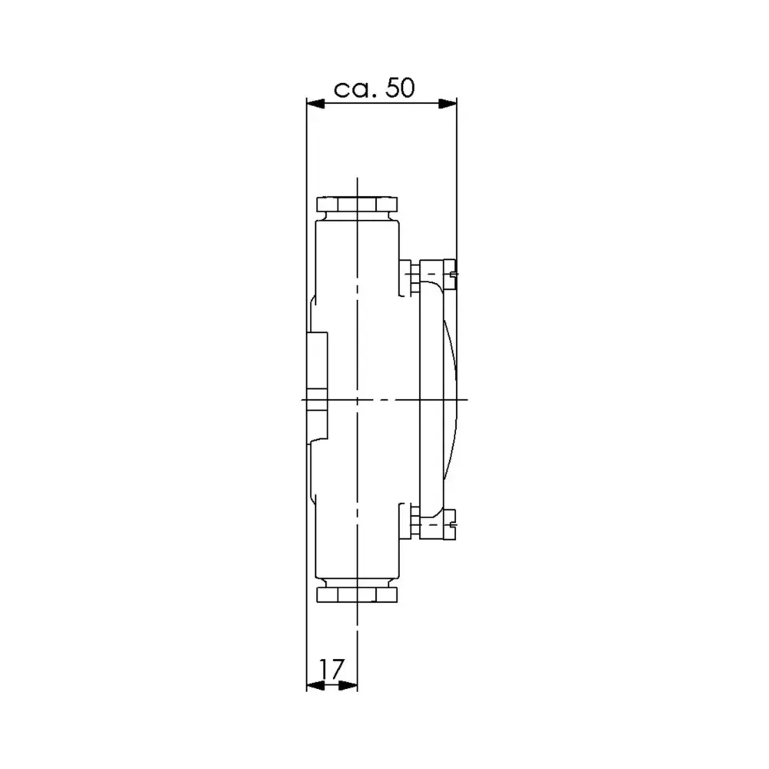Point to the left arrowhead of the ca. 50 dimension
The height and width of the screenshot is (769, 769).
tap(316, 103)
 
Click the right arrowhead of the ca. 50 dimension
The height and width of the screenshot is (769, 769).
tap(448, 103)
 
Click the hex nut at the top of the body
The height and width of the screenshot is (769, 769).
tap(358, 206)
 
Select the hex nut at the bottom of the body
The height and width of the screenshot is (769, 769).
tap(358, 595)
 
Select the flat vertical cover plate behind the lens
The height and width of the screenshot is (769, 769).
tap(427, 400)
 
